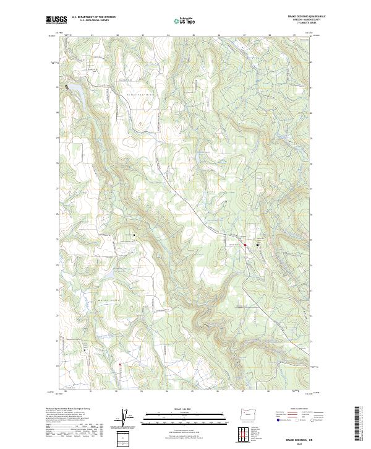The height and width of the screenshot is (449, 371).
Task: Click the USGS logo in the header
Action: pyautogui.click(x=56, y=19)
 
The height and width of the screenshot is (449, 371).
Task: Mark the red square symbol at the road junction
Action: pyautogui.click(x=245, y=245)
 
